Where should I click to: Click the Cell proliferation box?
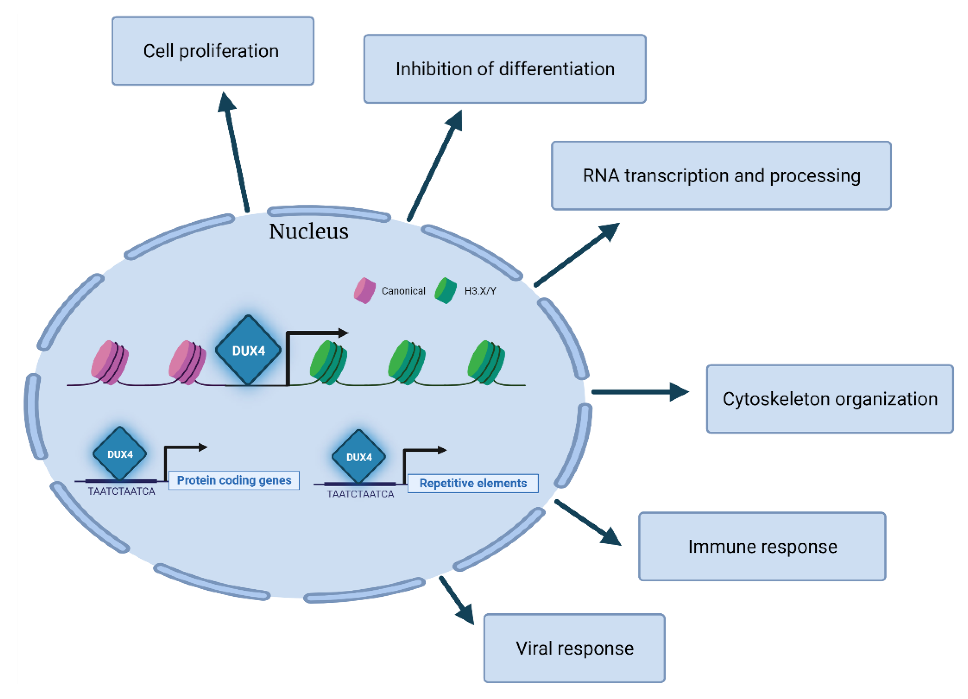[212, 51]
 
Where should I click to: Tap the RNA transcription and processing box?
[721, 176]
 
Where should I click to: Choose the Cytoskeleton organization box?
[829, 399]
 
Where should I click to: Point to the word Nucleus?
[309, 232]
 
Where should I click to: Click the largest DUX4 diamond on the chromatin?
[248, 350]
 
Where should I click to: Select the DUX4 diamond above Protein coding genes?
[120, 454]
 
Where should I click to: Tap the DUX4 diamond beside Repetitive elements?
[359, 457]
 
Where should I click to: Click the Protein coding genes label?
[234, 481]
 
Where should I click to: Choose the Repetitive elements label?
[473, 483]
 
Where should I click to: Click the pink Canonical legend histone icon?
[364, 291]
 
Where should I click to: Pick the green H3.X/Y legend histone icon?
[446, 291]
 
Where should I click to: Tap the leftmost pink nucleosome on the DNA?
[110, 363]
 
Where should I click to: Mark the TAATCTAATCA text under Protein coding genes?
[122, 492]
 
